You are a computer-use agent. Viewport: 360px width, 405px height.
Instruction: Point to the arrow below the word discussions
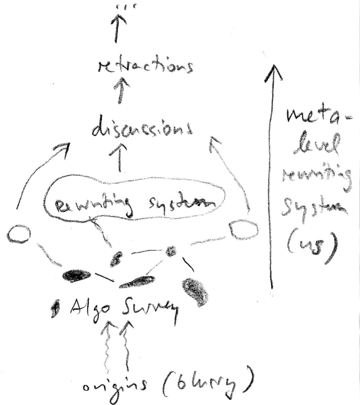pos(119,158)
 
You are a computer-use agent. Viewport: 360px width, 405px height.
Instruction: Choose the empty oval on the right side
pos(243,230)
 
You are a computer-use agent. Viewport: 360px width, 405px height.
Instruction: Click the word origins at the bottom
pos(108,386)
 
